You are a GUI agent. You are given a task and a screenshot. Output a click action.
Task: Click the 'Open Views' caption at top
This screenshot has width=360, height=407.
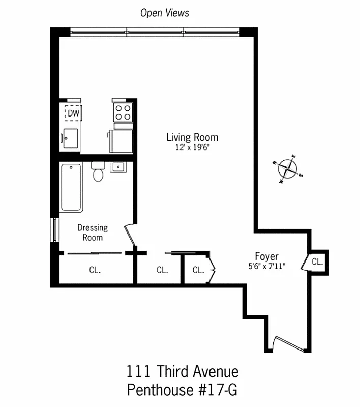(164, 13)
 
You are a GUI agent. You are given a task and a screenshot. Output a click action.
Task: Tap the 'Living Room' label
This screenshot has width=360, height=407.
(192, 137)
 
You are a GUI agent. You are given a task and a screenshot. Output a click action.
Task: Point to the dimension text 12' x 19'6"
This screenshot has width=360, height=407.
(192, 148)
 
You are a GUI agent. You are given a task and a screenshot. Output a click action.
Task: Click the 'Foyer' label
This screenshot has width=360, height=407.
(266, 256)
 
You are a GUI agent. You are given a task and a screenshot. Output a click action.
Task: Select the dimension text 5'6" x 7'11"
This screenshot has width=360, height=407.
(266, 266)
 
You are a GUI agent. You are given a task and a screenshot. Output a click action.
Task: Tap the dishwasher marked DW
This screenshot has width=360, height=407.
(73, 113)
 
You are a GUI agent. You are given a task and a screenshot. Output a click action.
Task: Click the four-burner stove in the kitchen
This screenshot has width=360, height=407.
(123, 111)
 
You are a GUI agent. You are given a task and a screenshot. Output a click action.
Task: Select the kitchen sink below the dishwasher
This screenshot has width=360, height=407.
(70, 137)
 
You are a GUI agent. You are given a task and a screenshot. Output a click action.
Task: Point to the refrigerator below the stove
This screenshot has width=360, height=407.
(122, 140)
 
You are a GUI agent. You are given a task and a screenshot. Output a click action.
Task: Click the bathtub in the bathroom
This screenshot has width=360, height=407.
(71, 187)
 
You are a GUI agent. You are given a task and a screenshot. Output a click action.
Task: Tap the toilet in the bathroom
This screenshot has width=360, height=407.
(98, 172)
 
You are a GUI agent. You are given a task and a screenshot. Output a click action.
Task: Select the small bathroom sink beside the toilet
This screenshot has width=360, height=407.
(118, 167)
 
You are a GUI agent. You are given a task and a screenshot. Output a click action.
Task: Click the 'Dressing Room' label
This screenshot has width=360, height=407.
(93, 233)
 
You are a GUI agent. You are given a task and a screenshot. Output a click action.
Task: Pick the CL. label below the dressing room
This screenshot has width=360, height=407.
(95, 271)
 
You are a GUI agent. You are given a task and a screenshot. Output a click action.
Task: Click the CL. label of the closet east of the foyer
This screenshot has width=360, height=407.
(317, 262)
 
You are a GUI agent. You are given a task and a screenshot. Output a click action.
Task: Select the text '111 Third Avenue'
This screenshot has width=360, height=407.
(182, 372)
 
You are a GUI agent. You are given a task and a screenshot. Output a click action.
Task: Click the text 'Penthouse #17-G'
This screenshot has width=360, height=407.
(182, 390)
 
